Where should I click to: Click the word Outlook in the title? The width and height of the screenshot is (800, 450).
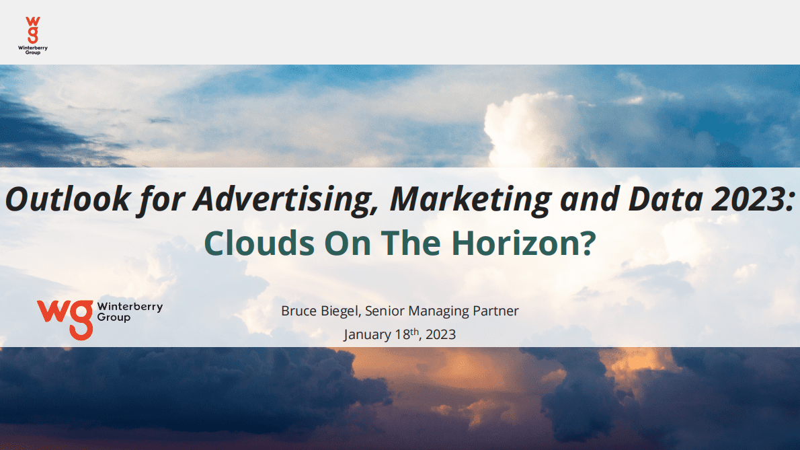pos(68,198)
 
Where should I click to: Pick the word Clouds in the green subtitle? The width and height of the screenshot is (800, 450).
pos(259,242)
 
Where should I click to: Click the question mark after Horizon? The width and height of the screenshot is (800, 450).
pos(588,242)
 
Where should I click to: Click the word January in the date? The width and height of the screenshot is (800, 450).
pos(367,335)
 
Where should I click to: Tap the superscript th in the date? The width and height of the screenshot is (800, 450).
pos(415,331)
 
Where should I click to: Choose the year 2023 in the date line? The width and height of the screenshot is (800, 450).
pos(440,335)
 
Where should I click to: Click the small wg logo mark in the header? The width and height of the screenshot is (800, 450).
pos(33,30)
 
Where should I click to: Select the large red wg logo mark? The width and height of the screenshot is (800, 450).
pos(65,320)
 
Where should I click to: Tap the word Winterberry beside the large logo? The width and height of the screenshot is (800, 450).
pos(130,307)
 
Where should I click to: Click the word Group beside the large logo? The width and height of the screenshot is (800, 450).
pos(114,318)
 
